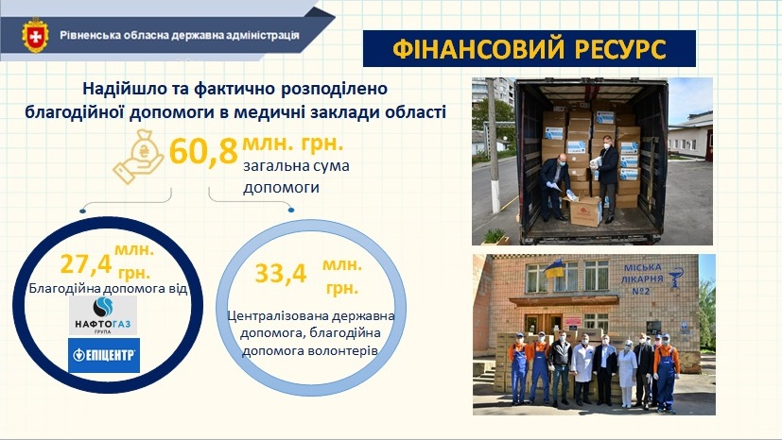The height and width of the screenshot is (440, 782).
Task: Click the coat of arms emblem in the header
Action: pyautogui.click(x=35, y=35)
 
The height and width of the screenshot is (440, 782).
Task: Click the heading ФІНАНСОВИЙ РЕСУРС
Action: pyautogui.click(x=530, y=49)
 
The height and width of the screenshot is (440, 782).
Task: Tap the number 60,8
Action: pyautogui.click(x=203, y=151)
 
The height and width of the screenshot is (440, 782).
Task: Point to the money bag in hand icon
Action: pyautogui.click(x=139, y=157)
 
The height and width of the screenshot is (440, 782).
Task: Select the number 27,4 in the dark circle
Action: pyautogui.click(x=86, y=264)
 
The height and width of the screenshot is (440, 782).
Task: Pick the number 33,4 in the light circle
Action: pyautogui.click(x=281, y=273)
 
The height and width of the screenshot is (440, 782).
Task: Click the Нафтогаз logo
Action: pyautogui.click(x=103, y=315)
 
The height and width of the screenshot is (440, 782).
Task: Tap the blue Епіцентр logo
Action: pyautogui.click(x=104, y=355)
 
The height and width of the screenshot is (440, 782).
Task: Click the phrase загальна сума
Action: pyautogui.click(x=296, y=166)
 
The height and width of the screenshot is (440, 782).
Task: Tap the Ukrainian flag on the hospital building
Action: pyautogui.click(x=554, y=268)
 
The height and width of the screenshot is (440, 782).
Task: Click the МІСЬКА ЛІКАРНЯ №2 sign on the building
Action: pyautogui.click(x=643, y=279)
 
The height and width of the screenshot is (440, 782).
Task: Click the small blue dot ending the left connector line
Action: pyautogui.click(x=83, y=212)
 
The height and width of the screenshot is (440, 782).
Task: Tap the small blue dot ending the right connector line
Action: pyautogui.click(x=291, y=210)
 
